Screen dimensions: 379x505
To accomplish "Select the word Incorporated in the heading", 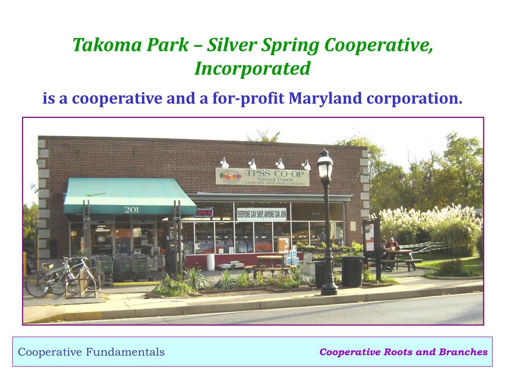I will (x=252, y=68).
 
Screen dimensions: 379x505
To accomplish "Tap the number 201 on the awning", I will (x=131, y=210).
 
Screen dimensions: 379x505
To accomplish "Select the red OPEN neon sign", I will (x=204, y=213).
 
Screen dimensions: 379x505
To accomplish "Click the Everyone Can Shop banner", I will (x=262, y=214).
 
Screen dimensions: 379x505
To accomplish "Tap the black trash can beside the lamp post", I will (x=352, y=271).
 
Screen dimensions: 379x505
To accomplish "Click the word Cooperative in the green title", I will (x=379, y=45).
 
